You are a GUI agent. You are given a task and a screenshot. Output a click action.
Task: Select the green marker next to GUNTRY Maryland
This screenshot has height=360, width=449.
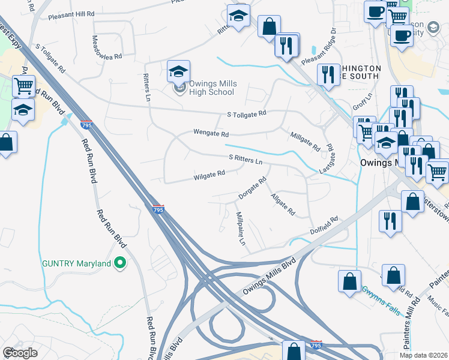(120, 263)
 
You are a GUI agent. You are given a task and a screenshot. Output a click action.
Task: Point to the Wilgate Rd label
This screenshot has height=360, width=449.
(209, 176)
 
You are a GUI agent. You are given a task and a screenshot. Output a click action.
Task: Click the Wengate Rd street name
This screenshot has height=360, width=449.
(211, 133)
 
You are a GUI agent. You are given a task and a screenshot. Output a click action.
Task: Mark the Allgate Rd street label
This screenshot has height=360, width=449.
(283, 205)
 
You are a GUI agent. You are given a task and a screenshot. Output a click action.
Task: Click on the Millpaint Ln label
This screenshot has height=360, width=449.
(241, 229)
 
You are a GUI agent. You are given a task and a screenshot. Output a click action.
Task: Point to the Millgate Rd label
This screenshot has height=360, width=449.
(305, 142)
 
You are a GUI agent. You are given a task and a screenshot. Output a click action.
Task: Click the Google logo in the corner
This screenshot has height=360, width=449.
(20, 353)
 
